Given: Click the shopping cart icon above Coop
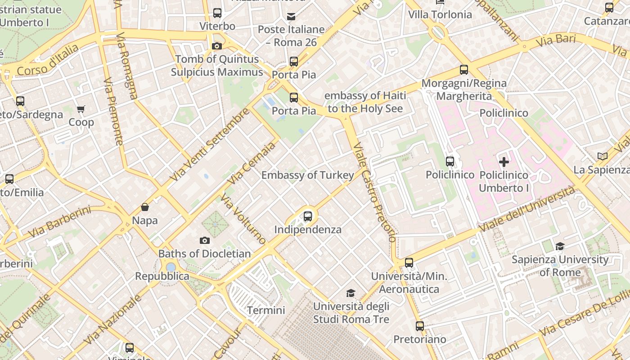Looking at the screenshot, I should click(x=81, y=109).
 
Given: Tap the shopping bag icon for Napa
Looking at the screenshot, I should click(x=145, y=207).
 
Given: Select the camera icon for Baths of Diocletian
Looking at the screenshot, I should click(x=205, y=240).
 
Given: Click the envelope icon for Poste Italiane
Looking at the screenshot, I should click(x=291, y=17).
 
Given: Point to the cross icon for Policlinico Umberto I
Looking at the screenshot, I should click(x=504, y=162).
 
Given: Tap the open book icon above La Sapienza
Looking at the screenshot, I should click(x=603, y=156).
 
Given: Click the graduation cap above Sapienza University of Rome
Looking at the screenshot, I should click(x=560, y=246).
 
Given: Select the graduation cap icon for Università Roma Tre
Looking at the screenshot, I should click(x=351, y=293).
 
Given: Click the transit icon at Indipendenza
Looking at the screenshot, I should click(x=308, y=216).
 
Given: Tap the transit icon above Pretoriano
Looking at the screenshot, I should click(x=420, y=326).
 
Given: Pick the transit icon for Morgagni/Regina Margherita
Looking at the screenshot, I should click(x=464, y=70).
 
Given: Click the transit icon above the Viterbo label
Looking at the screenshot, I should click(x=217, y=13).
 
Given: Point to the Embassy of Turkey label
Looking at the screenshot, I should click(x=308, y=175).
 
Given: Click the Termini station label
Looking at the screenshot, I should click(x=266, y=310).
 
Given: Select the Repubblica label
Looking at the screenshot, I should click(x=162, y=276).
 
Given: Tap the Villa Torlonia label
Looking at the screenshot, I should click(x=440, y=14).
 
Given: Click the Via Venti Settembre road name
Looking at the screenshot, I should click(x=210, y=144).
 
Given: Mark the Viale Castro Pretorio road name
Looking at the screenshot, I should click(x=374, y=193).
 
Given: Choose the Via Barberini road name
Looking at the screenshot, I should click(x=59, y=222).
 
